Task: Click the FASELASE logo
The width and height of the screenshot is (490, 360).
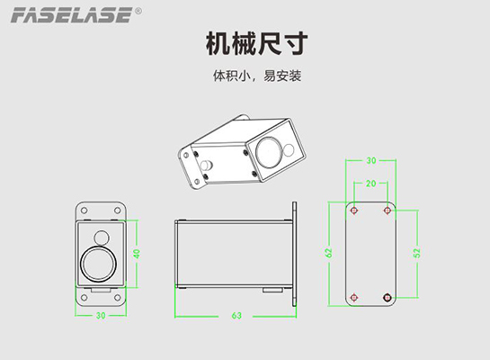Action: [72, 15]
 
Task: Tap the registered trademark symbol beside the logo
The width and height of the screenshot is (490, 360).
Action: [138, 11]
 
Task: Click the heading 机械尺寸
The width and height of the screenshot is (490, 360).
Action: [257, 44]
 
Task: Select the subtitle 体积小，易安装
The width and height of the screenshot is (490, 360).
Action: [257, 76]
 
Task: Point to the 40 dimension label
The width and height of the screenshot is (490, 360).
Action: [137, 254]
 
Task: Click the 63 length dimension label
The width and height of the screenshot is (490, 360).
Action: [236, 316]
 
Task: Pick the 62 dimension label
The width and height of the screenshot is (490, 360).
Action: [328, 253]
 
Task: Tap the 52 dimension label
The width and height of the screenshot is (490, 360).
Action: [417, 253]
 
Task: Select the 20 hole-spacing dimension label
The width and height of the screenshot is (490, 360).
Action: [371, 184]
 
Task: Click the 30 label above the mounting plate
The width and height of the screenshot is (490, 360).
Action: [371, 160]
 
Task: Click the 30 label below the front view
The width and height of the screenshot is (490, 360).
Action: [101, 316]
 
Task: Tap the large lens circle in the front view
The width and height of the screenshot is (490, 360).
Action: [98, 264]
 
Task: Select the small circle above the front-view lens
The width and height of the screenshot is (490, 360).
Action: [102, 238]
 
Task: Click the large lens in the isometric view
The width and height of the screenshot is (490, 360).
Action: [269, 152]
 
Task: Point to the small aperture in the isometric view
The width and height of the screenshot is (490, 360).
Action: [289, 149]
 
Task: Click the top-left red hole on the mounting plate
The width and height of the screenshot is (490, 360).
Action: [354, 211]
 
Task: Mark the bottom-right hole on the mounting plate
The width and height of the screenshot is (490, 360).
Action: [388, 297]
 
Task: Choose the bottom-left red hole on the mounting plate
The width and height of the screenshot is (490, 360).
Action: [354, 297]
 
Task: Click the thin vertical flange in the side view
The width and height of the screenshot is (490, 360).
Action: [294, 254]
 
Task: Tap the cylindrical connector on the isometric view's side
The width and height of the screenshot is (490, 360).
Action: [207, 165]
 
